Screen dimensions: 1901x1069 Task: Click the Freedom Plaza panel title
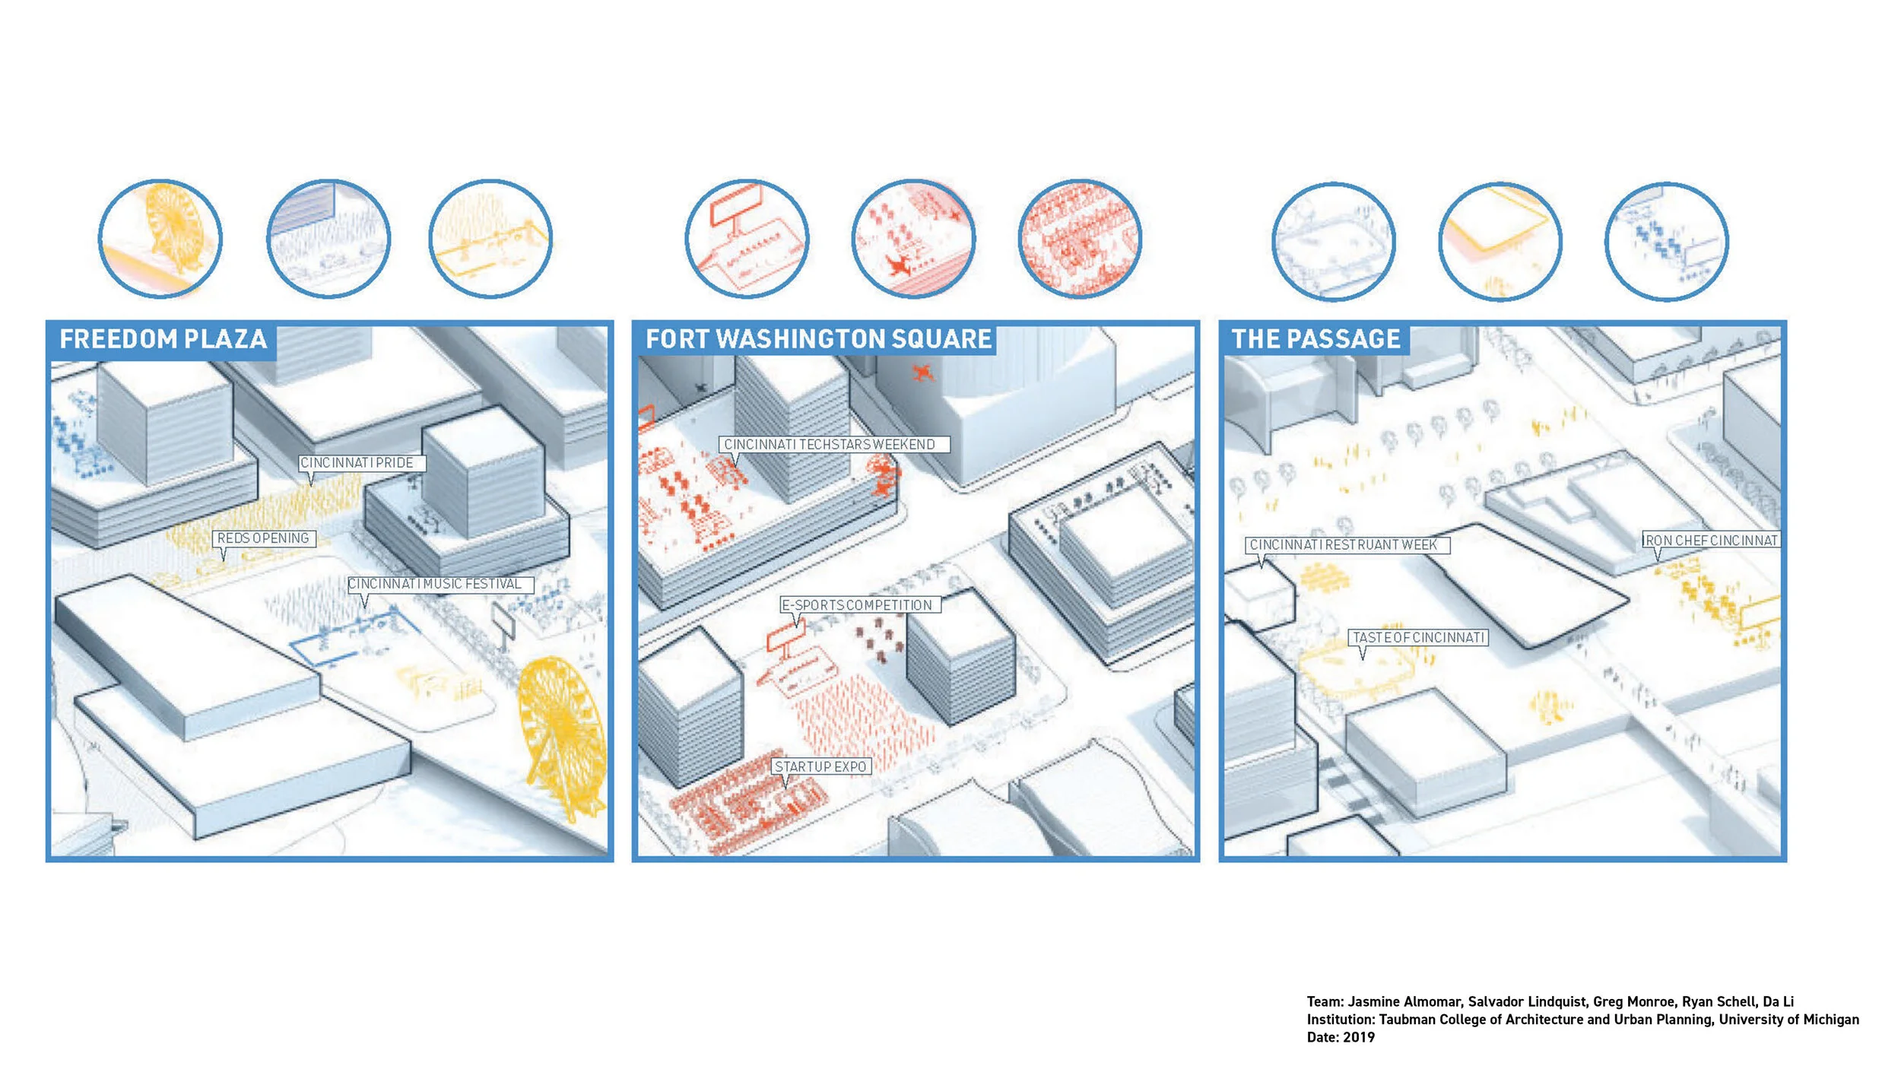click(x=163, y=339)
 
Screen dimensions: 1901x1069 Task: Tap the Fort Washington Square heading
click(x=818, y=339)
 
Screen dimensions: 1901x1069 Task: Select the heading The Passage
click(x=1315, y=339)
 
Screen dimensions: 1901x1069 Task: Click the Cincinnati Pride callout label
click(x=357, y=463)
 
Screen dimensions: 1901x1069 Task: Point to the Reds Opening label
click(x=263, y=538)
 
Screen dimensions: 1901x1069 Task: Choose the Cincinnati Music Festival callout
click(x=435, y=584)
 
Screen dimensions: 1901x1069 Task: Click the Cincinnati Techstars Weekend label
click(x=830, y=444)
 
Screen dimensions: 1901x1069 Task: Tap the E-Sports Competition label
click(x=857, y=605)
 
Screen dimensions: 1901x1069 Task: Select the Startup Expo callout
click(x=820, y=766)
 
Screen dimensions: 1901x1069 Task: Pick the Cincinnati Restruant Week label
click(x=1344, y=545)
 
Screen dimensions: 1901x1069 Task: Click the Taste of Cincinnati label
click(x=1418, y=637)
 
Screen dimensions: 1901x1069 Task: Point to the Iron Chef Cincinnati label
click(x=1711, y=541)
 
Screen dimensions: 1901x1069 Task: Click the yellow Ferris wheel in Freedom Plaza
click(x=563, y=730)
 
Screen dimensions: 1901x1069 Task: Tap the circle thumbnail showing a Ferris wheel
click(x=160, y=238)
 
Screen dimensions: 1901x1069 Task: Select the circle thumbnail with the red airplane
click(x=913, y=239)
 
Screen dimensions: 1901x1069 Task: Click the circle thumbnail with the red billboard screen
click(x=747, y=239)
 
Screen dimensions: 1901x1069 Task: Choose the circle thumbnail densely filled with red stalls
click(x=1080, y=239)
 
